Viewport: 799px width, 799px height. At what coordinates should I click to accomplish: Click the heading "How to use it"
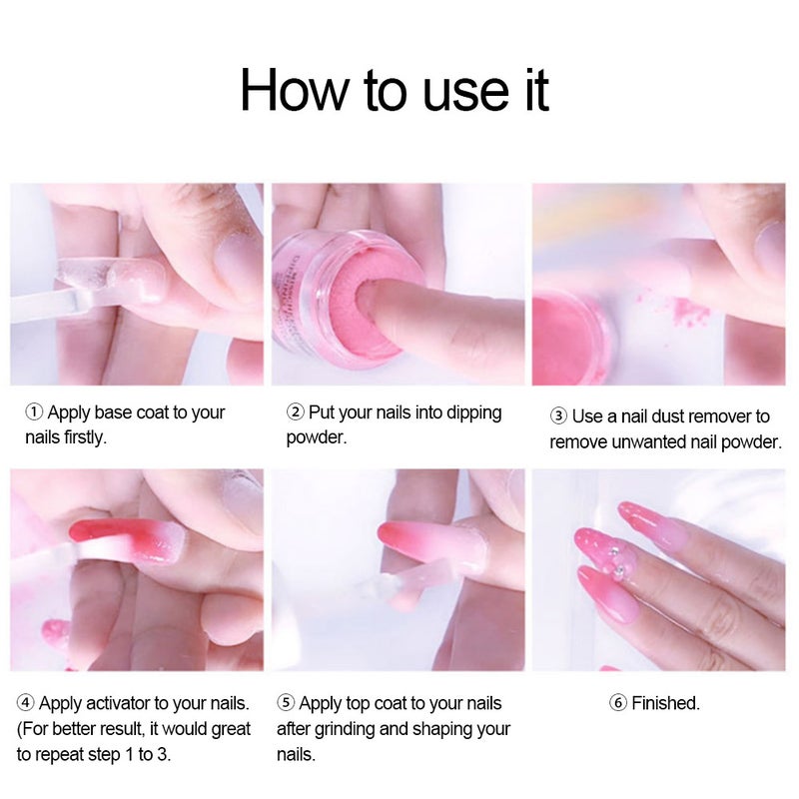pyautogui.click(x=395, y=90)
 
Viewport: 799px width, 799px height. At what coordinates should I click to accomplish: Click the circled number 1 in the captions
pyautogui.click(x=34, y=412)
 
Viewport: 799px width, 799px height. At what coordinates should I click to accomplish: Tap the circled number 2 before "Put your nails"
pyautogui.click(x=296, y=412)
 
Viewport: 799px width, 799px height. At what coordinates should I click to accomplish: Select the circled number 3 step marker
pyautogui.click(x=558, y=416)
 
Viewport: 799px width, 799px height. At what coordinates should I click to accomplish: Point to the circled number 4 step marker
pyautogui.click(x=26, y=703)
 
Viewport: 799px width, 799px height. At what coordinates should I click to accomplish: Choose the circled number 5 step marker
pyautogui.click(x=286, y=703)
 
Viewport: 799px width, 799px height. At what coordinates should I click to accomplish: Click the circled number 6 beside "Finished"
pyautogui.click(x=618, y=703)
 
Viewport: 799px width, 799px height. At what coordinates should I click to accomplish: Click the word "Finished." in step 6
pyautogui.click(x=665, y=703)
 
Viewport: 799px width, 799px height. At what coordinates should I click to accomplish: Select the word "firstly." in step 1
pyautogui.click(x=86, y=437)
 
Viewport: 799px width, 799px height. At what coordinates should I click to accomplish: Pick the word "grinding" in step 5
pyautogui.click(x=345, y=730)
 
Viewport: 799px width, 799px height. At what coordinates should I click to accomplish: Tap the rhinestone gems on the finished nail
pyautogui.click(x=618, y=556)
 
